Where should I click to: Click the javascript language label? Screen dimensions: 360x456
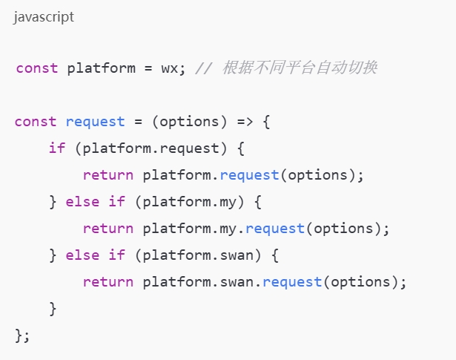(44, 17)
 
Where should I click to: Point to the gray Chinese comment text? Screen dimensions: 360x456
(299, 68)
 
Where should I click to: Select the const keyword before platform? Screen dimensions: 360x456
(36, 68)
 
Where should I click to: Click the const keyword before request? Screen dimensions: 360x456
(35, 121)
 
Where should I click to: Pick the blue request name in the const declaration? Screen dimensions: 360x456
(95, 121)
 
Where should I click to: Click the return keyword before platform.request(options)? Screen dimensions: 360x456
(108, 174)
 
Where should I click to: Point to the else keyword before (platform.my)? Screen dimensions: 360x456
(82, 201)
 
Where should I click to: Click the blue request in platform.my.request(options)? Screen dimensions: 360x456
(275, 228)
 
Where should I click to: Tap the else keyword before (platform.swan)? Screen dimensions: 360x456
(82, 255)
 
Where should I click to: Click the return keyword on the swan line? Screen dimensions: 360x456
(108, 281)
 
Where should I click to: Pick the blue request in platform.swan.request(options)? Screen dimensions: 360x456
(292, 281)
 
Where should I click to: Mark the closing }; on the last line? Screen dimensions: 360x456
(22, 335)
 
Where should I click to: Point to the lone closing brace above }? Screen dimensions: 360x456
(53, 308)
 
